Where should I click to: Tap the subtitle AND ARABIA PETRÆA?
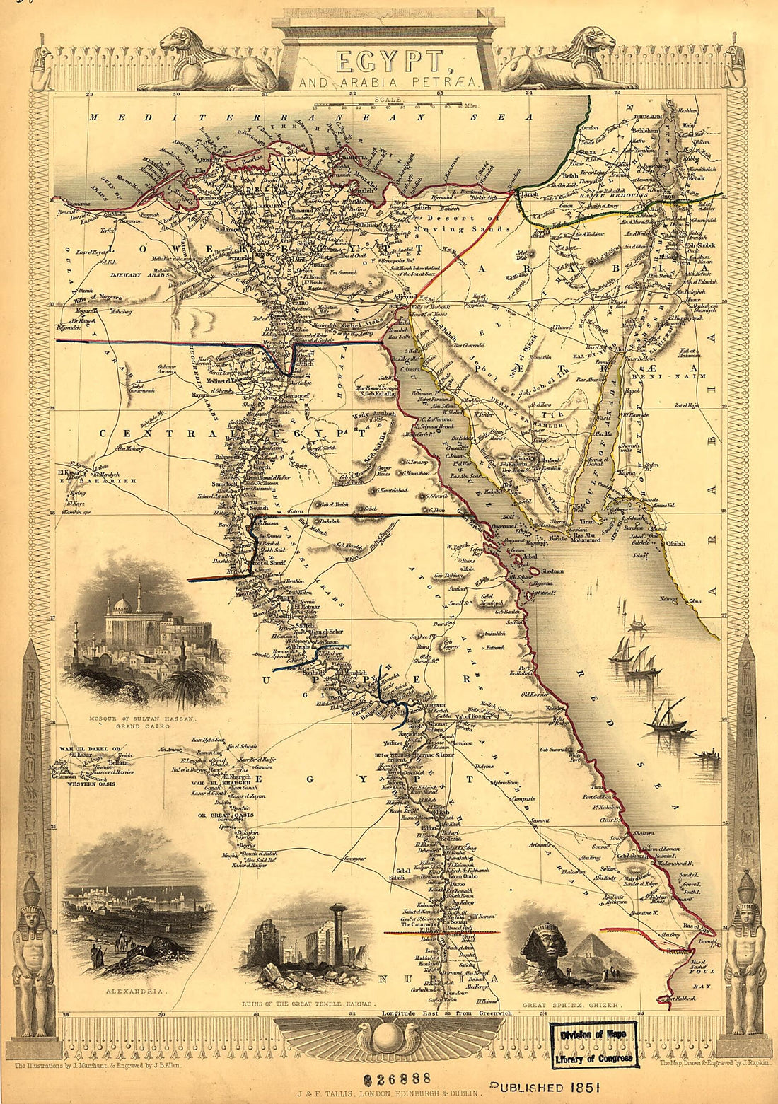[x=389, y=84]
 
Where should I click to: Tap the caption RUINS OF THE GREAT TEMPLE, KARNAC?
[x=308, y=1004]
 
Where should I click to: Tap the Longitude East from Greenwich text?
[x=446, y=1013]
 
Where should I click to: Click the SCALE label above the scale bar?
[x=388, y=100]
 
